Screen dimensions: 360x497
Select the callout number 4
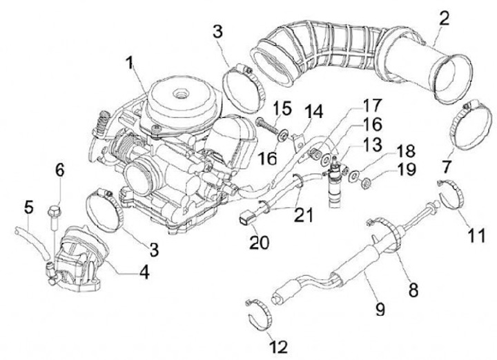point(144,272)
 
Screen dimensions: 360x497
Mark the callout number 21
point(304,215)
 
